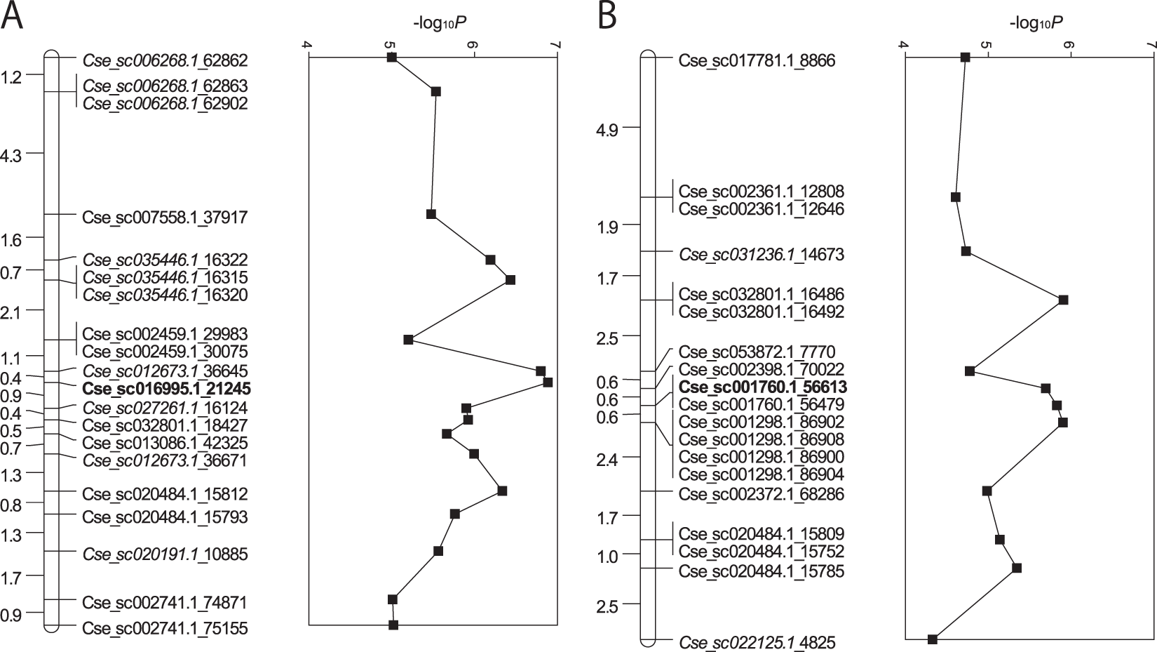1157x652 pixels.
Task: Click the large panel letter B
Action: click(609, 17)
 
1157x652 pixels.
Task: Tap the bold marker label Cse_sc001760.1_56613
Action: click(763, 387)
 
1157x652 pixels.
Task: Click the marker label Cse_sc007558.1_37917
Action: click(165, 218)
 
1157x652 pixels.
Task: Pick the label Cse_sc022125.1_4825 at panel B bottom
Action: click(757, 642)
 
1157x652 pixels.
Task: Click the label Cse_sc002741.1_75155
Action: click(165, 628)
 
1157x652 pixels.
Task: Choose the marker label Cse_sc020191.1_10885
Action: click(165, 554)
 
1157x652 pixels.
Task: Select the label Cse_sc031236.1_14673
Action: click(762, 254)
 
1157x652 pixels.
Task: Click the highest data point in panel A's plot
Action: click(548, 382)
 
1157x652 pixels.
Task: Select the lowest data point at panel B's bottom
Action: click(933, 639)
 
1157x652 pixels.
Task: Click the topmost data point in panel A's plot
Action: click(392, 57)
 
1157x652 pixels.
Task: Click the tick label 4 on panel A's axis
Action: click(306, 46)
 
